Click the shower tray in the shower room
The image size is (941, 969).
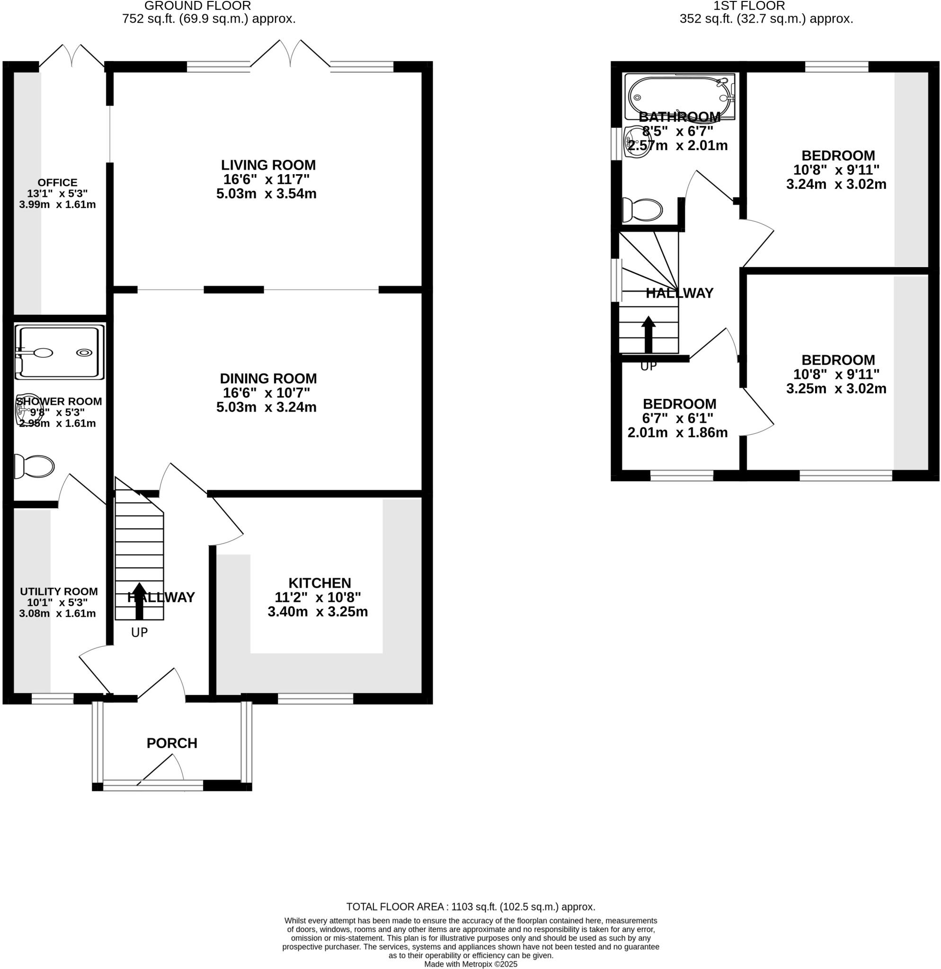click(59, 352)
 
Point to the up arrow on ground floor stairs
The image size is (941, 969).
click(140, 600)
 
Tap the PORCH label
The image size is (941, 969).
click(171, 743)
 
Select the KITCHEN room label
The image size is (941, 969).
click(320, 583)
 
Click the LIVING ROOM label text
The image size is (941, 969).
click(268, 165)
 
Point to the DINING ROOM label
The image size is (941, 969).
click(268, 379)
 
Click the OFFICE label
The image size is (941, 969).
click(57, 183)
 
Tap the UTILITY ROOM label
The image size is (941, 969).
click(59, 591)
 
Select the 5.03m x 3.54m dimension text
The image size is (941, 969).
click(266, 194)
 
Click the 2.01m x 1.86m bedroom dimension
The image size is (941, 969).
click(677, 432)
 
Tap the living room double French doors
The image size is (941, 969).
click(290, 53)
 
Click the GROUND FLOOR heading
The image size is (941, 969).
click(197, 6)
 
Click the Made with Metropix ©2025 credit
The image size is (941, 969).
click(470, 964)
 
